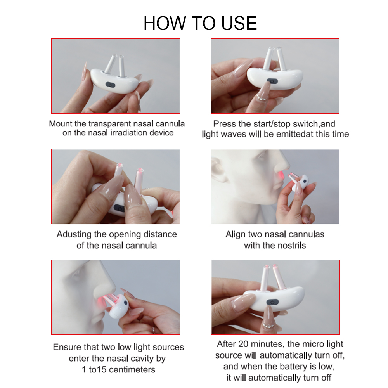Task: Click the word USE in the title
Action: pos(239,23)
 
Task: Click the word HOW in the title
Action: pos(165,23)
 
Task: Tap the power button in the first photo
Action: pos(110,85)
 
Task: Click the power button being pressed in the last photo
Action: pos(272,302)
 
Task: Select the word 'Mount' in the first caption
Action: pos(60,124)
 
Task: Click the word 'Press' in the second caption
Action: pos(224,124)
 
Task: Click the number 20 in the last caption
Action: pos(244,344)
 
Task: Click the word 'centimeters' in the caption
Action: pos(132,370)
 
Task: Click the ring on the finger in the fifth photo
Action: pos(154,330)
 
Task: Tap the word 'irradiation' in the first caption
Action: pos(128,133)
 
